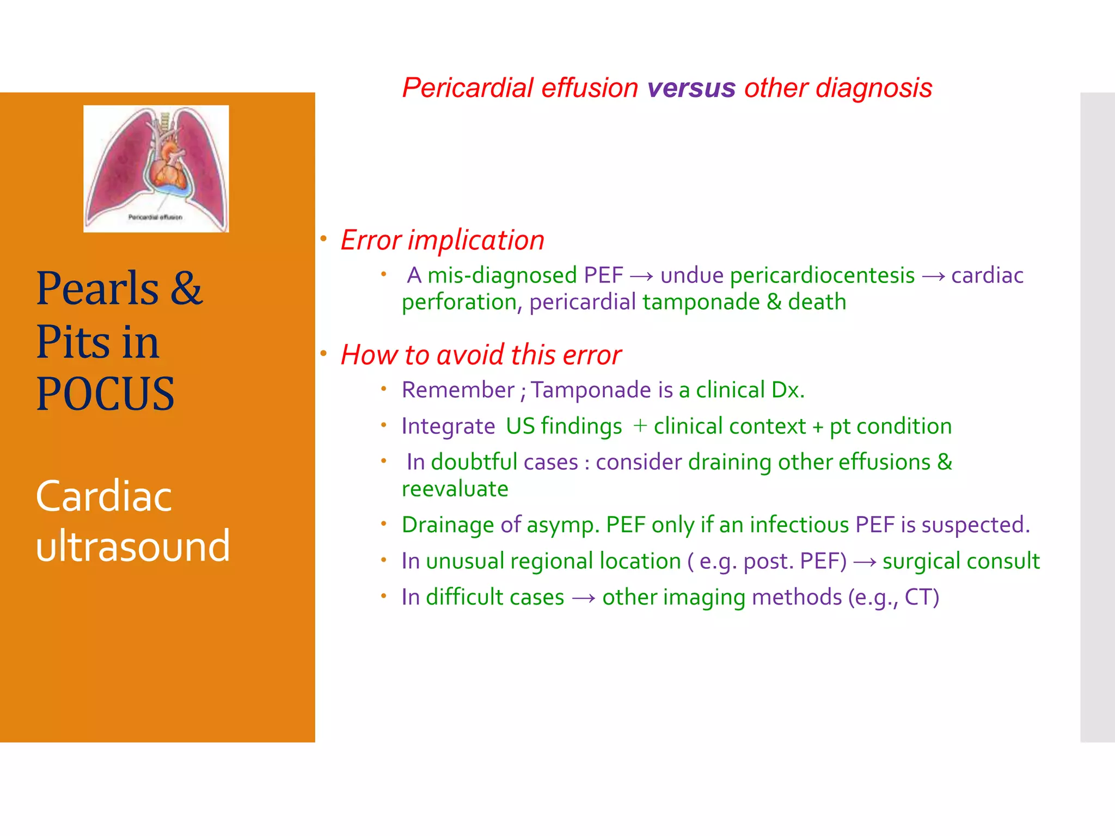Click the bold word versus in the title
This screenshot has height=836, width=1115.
pos(691,88)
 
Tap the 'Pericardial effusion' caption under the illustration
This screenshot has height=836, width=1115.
pos(155,217)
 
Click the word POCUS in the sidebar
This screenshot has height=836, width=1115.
pos(105,394)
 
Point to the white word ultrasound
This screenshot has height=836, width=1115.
pos(133,546)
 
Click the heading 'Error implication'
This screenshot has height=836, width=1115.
pos(442,240)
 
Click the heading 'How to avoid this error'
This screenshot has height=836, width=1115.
pos(481,355)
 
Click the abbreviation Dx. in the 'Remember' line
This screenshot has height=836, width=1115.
pos(787,390)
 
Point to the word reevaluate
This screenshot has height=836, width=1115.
pos(455,489)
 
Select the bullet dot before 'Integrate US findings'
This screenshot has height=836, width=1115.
pos(384,425)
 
